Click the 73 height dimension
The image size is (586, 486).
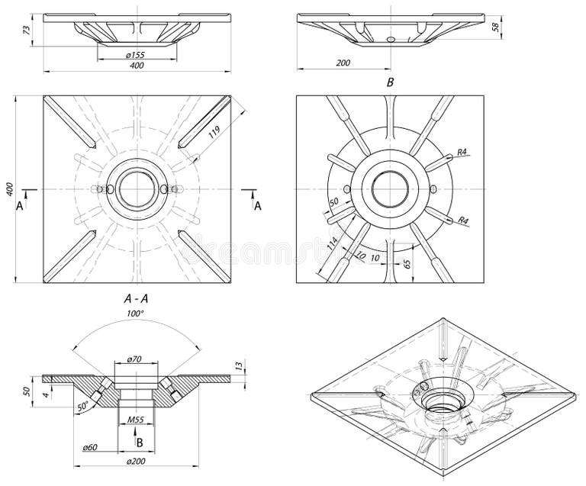pos(27,30)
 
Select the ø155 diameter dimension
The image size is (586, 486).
pos(135,55)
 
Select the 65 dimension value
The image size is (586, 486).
pos(407,264)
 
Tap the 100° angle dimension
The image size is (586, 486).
pos(136,314)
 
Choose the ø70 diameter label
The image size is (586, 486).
pos(135,359)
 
